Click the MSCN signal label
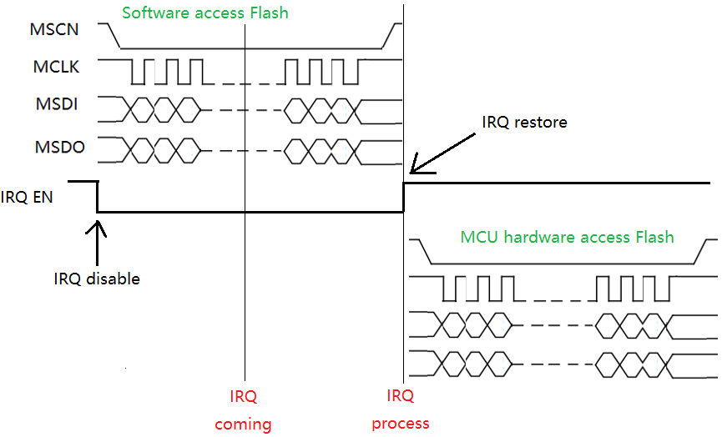tap(54, 31)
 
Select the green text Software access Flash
tap(205, 13)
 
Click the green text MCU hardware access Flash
tap(567, 237)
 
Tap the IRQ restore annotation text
tap(524, 123)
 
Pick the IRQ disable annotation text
tap(96, 279)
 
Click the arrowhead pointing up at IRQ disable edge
tap(98, 223)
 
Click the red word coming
tap(243, 424)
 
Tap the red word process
tap(401, 424)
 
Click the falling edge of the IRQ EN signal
tap(98, 197)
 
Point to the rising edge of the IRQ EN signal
tap(404, 197)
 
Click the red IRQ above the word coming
tap(243, 395)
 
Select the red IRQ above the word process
tap(401, 395)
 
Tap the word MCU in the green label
tap(478, 237)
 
